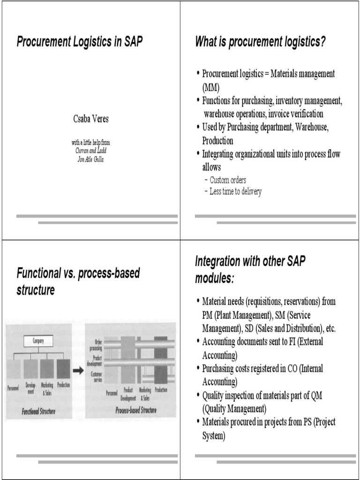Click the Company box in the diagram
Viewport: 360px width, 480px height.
coord(38,341)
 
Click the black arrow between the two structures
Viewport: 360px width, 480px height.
coord(78,371)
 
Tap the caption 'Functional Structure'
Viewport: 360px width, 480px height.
coord(38,412)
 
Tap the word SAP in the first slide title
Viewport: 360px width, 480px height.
coord(133,42)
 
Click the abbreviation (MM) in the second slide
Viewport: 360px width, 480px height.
coord(210,87)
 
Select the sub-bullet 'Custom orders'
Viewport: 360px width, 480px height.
coord(228,180)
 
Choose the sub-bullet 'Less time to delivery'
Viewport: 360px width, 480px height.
coord(235,191)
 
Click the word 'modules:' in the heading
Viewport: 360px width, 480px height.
coord(214,278)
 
